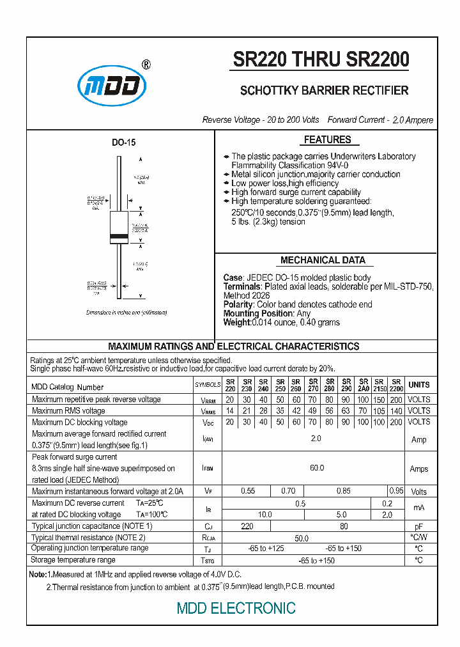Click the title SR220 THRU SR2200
point(321,59)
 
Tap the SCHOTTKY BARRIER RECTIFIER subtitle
point(324,90)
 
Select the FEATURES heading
point(327,140)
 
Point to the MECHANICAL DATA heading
point(323,260)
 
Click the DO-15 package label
point(124,143)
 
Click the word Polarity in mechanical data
point(238,304)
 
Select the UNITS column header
point(419,385)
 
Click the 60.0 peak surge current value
point(317,468)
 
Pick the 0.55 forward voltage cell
point(247,491)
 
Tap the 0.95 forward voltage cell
point(396,491)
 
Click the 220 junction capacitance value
point(247,526)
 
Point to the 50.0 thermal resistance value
point(300,538)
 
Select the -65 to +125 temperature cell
point(266,549)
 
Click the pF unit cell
point(419,526)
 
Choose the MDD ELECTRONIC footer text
point(236,608)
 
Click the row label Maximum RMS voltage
point(69,410)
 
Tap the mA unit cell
point(419,508)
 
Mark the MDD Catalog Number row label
point(68,387)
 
